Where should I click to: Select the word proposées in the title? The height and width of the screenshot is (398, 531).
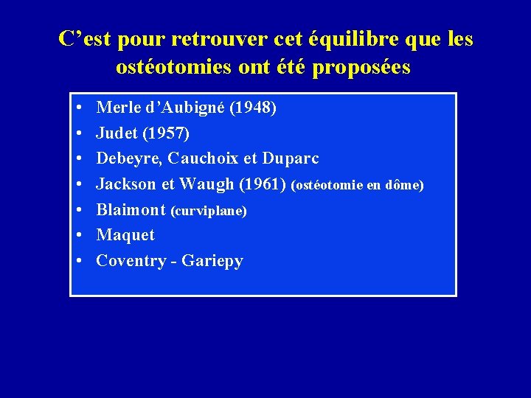[x=361, y=68]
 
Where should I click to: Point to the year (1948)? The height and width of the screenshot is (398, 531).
[x=254, y=108]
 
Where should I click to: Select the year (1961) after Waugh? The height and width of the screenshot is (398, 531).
[x=264, y=184]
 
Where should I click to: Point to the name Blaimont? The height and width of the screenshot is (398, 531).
[x=131, y=209]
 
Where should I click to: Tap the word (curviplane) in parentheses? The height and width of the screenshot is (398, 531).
[x=209, y=211]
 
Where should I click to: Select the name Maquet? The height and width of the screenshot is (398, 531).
[x=126, y=235]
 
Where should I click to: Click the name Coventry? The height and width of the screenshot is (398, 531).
[x=131, y=261]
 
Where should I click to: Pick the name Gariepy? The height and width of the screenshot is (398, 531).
[x=214, y=261]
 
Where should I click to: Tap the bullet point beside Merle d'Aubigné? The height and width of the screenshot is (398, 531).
[x=78, y=109]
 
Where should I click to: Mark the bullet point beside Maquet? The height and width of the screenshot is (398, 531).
[x=78, y=236]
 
